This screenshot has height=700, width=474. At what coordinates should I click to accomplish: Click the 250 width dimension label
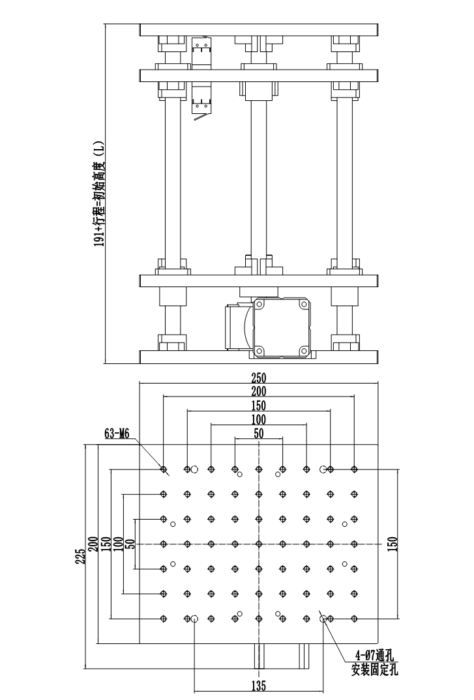click(x=259, y=378)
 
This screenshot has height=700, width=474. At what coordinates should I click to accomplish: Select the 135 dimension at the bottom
click(x=259, y=685)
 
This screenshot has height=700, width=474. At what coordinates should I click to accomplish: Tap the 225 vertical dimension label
click(x=80, y=556)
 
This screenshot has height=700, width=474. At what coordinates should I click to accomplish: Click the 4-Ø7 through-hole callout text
click(x=376, y=654)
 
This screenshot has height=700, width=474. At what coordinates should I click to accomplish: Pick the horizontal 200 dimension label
click(x=259, y=391)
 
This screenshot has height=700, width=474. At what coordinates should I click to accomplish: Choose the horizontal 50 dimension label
click(x=259, y=433)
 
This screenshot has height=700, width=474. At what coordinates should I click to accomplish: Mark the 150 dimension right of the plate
click(x=392, y=543)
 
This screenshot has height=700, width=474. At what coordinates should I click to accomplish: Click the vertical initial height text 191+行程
click(x=99, y=195)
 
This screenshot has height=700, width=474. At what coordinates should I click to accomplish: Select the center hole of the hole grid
click(x=259, y=543)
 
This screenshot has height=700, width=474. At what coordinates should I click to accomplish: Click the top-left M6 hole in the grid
click(x=164, y=469)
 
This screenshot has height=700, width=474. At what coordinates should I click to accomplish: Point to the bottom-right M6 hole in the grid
click(x=354, y=618)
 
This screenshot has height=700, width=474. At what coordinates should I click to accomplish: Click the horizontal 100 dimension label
click(x=259, y=419)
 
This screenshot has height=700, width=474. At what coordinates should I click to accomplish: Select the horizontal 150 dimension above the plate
click(x=259, y=405)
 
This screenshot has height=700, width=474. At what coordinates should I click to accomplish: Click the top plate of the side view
click(x=259, y=30)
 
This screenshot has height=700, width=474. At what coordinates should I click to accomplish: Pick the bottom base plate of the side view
click(x=259, y=357)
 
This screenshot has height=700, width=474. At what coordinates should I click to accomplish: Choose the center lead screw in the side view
click(x=259, y=176)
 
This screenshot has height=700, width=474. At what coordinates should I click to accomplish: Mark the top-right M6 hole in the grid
click(x=354, y=469)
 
